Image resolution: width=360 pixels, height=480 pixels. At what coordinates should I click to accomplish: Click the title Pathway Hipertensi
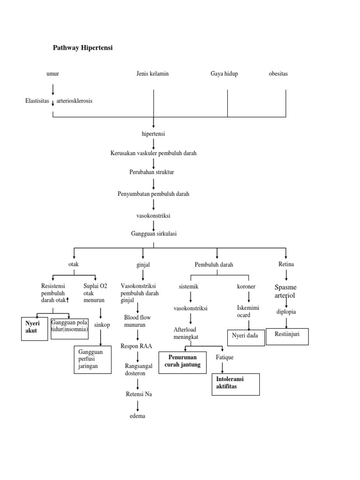click(82, 48)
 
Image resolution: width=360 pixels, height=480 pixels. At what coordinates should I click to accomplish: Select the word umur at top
click(53, 74)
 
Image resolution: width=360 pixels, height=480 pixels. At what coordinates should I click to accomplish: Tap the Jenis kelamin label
click(153, 74)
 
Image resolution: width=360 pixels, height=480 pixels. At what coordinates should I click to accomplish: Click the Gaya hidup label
click(224, 74)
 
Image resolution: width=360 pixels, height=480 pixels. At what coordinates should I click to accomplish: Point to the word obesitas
click(278, 74)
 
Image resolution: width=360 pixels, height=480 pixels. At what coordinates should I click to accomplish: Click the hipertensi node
click(153, 134)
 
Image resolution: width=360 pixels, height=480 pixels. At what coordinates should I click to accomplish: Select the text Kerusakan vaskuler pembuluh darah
click(153, 153)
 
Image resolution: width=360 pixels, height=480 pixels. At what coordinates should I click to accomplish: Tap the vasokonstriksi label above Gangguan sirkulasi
click(153, 215)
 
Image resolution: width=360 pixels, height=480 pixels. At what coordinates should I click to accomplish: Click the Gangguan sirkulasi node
click(153, 233)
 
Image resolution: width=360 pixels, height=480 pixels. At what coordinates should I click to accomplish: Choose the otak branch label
click(74, 264)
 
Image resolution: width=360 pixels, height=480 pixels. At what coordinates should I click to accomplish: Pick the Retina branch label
click(286, 264)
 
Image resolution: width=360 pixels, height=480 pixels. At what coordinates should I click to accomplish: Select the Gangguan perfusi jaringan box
click(92, 359)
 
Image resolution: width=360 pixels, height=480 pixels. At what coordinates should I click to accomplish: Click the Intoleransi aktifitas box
click(236, 382)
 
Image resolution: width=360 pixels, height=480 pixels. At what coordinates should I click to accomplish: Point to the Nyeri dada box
click(246, 336)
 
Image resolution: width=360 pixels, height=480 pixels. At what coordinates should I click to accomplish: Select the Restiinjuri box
click(287, 336)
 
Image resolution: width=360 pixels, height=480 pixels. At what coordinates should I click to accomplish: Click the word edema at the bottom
click(137, 416)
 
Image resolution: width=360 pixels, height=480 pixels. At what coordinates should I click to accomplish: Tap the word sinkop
click(102, 325)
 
